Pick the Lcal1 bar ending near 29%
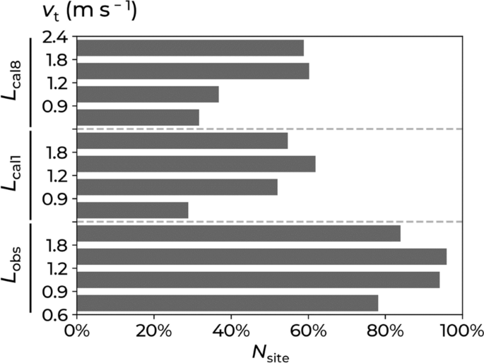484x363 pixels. coord(133,210)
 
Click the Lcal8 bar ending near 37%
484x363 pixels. coord(148,94)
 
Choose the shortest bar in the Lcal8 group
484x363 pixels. coord(138,117)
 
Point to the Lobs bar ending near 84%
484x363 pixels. coord(239,233)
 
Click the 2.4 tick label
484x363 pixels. coord(54,37)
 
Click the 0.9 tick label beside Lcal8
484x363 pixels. coord(54,107)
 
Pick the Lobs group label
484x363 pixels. coord(13,267)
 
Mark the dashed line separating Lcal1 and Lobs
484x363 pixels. coord(268,222)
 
